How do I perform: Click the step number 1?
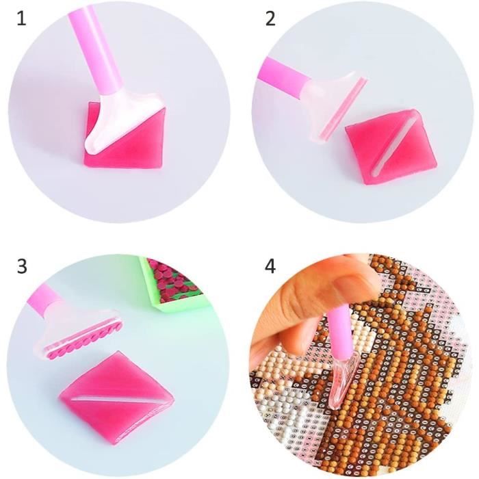click(21, 19)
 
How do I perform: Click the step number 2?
click(271, 19)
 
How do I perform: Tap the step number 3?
click(22, 266)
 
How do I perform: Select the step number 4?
click(270, 266)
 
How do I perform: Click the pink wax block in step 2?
click(391, 146)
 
